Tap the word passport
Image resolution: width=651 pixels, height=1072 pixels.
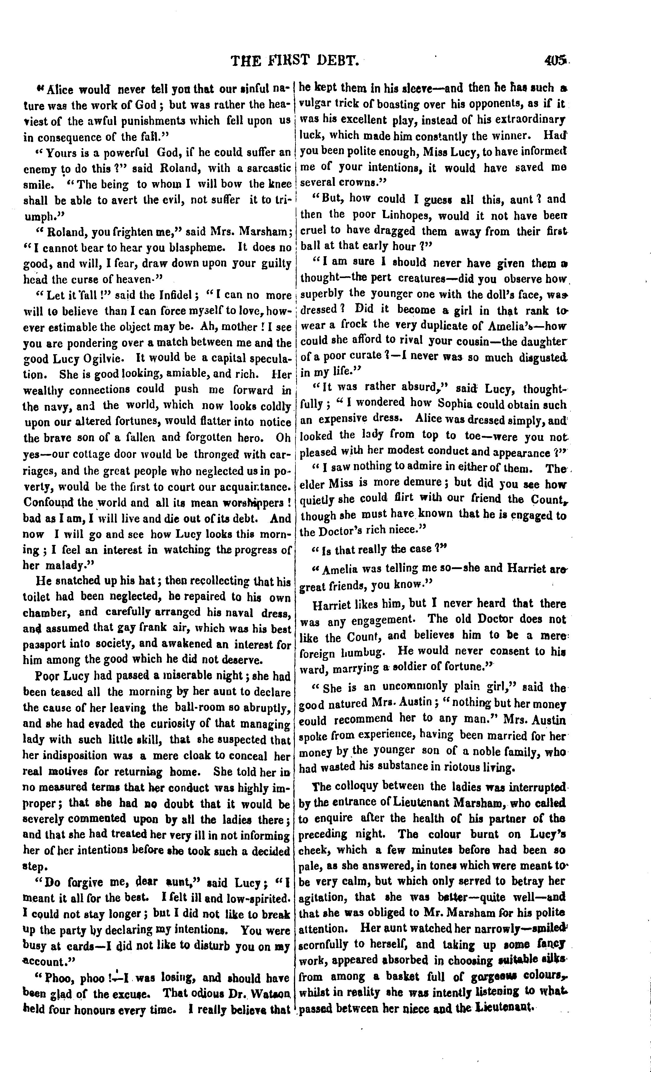coord(44,644)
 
